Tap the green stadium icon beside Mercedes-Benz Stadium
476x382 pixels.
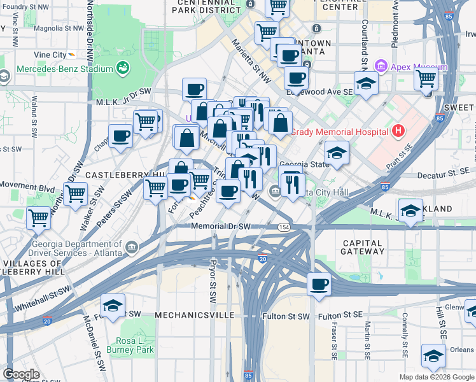[x=123, y=68]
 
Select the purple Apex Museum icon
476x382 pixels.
[x=381, y=65]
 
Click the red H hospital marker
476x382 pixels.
[x=398, y=132]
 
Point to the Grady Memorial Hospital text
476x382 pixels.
[x=339, y=132]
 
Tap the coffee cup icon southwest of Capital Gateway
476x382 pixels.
[x=319, y=284]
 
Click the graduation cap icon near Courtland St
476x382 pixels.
[x=367, y=83]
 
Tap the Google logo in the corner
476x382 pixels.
[x=21, y=374]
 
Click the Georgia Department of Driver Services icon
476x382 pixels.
[x=132, y=247]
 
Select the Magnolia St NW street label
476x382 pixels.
[x=59, y=28]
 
